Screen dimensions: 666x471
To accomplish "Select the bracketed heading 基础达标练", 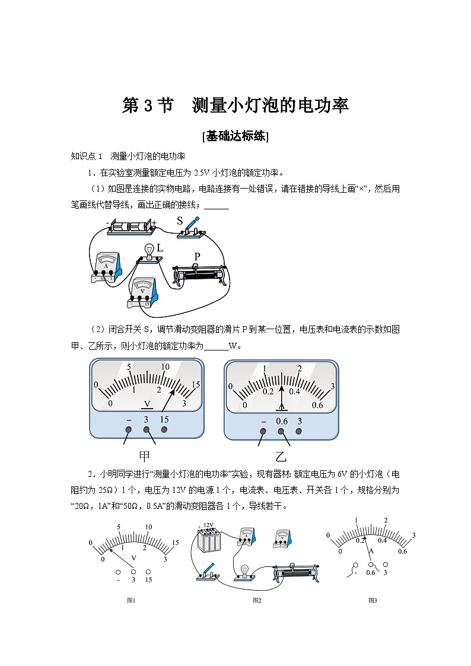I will [235, 136].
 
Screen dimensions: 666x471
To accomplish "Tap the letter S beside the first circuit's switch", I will [180, 221].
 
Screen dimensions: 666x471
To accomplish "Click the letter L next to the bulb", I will [160, 248].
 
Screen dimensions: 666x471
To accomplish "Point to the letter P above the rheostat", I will [198, 256].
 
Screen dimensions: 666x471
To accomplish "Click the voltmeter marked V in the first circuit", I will [143, 292].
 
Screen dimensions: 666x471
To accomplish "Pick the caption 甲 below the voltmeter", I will [145, 456].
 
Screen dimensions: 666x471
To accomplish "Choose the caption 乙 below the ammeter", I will [281, 456].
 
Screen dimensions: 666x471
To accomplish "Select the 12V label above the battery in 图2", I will [208, 525].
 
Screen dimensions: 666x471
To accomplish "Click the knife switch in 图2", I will [206, 572].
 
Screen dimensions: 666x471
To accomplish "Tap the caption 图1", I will [132, 600].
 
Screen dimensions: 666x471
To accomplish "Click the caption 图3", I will [373, 600].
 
